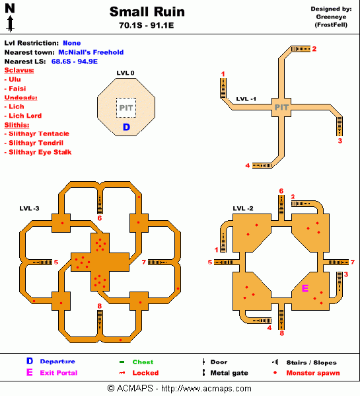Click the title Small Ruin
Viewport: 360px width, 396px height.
[147, 12]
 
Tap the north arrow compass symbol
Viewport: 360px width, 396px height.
[10, 19]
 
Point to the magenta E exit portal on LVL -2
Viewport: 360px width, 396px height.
[305, 288]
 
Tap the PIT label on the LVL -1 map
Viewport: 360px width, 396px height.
[281, 106]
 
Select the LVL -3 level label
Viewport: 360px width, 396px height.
[30, 209]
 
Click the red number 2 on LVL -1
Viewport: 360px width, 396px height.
[314, 48]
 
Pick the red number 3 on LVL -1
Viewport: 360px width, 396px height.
[340, 140]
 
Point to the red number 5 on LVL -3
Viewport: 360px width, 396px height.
[55, 262]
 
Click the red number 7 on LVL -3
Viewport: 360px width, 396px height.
[143, 262]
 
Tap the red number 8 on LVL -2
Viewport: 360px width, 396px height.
[282, 333]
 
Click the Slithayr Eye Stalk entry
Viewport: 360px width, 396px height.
[39, 152]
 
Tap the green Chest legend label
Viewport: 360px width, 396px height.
[143, 362]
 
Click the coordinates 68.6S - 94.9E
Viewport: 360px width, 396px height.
[75, 61]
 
